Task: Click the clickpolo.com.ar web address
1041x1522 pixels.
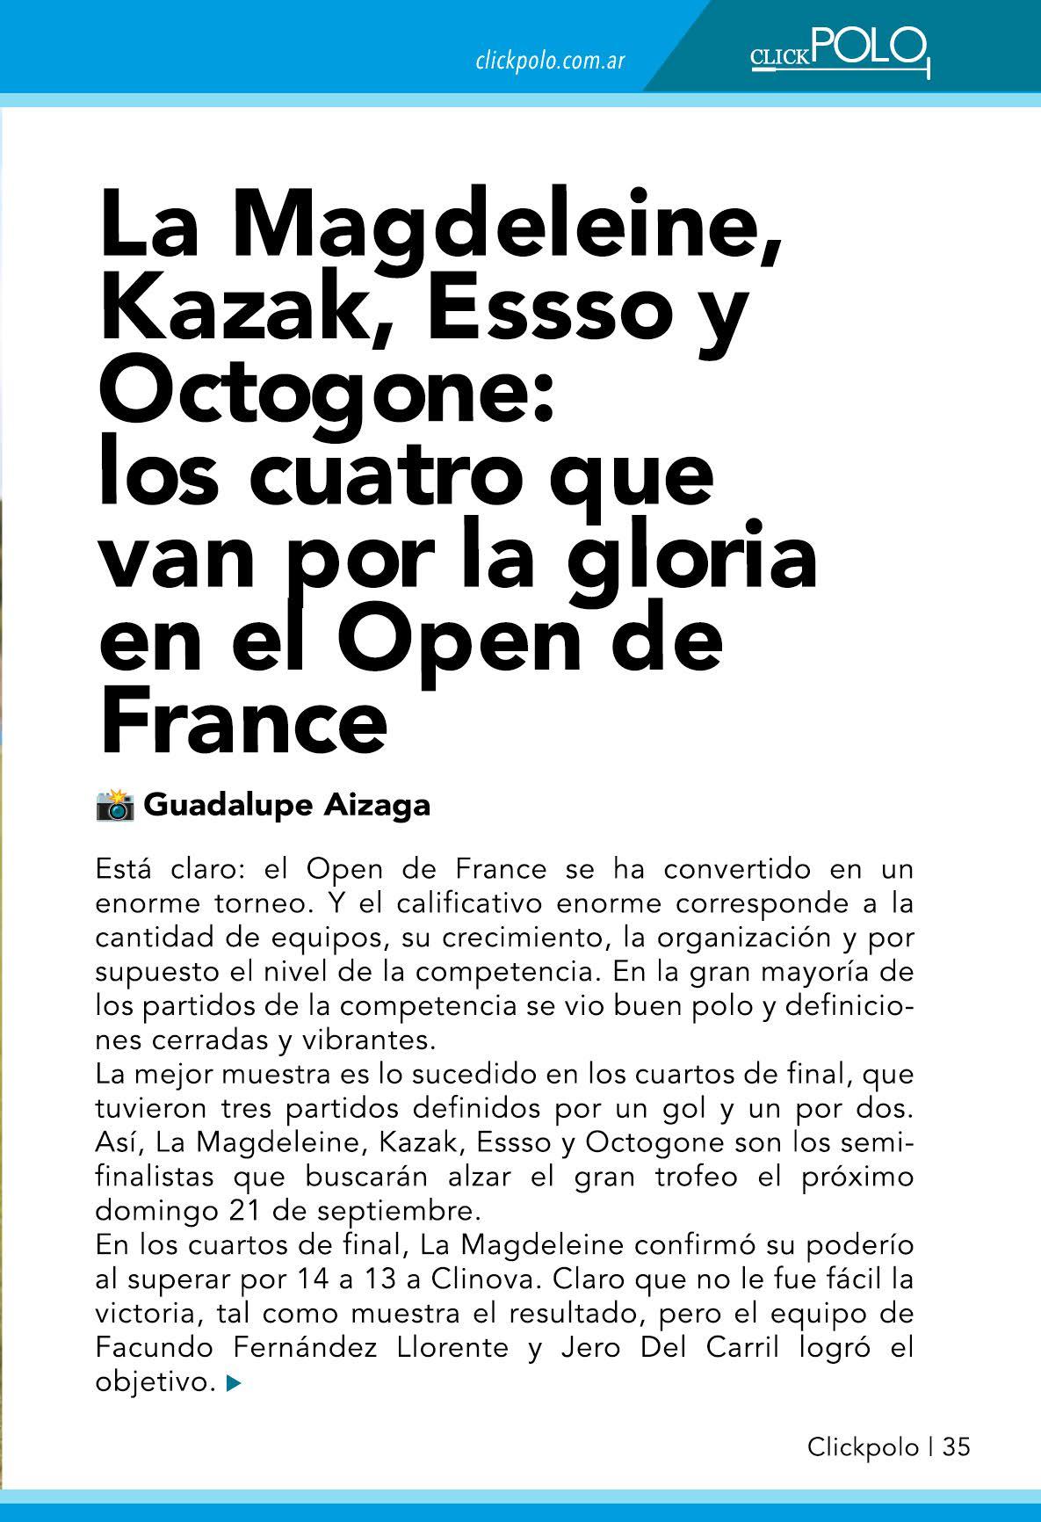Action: pos(550,62)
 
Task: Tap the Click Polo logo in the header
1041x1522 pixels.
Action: pos(840,53)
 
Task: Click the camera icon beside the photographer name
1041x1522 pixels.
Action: pos(114,805)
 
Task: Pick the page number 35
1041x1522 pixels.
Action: pos(957,1446)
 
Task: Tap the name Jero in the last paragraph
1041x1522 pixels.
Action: pos(589,1347)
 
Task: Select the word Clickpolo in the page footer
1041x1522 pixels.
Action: pos(863,1446)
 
